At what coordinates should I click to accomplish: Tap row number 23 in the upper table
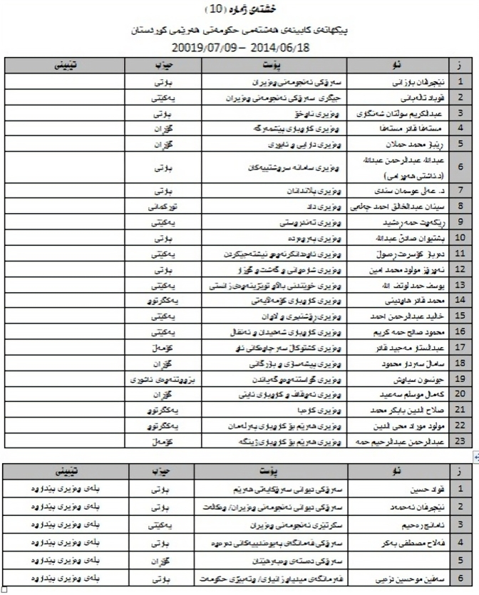click(x=461, y=443)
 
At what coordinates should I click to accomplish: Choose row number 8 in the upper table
click(x=461, y=207)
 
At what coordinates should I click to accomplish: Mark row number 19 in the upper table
click(x=461, y=379)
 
